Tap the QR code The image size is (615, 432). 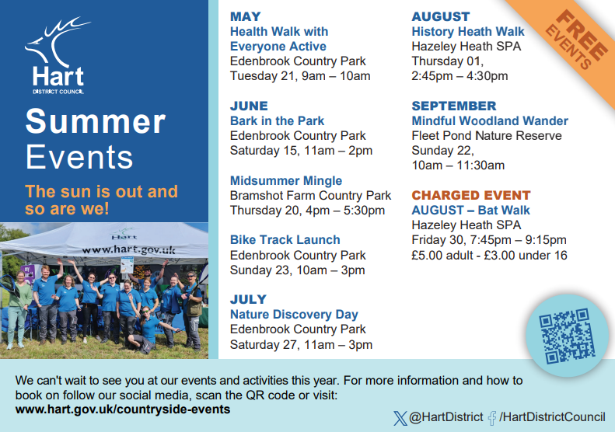click(566, 336)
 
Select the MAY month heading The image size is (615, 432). click(245, 16)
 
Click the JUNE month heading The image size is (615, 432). click(249, 106)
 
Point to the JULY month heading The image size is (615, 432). click(248, 299)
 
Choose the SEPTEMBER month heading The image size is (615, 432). click(454, 106)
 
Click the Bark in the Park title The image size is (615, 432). click(277, 120)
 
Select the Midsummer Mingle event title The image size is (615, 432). click(286, 180)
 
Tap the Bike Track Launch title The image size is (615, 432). click(285, 239)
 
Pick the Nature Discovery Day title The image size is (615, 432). click(294, 315)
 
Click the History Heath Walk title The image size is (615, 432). click(467, 31)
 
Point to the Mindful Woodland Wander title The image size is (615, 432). click(490, 120)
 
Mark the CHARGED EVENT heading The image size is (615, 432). click(471, 195)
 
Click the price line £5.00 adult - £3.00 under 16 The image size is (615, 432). click(489, 255)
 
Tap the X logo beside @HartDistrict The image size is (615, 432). click(400, 418)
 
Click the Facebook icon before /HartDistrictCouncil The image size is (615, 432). click(492, 418)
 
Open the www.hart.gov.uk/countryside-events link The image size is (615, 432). click(123, 409)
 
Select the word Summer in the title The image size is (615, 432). click(96, 121)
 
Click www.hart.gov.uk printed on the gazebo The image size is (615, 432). click(128, 249)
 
